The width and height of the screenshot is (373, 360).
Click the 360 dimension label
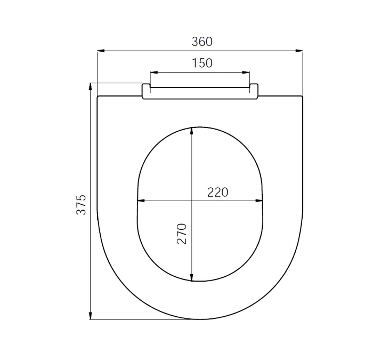202,42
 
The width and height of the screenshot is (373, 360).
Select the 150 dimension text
202,63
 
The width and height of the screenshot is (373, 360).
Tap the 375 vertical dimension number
81,205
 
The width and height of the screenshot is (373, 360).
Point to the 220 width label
217,192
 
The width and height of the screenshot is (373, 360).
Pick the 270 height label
182,234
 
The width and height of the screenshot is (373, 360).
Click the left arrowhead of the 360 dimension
101,51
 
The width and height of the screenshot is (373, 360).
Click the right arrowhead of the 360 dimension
299,51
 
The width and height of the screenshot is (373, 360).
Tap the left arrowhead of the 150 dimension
154,73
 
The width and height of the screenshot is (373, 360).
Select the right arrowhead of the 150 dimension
246,73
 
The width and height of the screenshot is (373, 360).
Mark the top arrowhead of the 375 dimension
90,86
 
